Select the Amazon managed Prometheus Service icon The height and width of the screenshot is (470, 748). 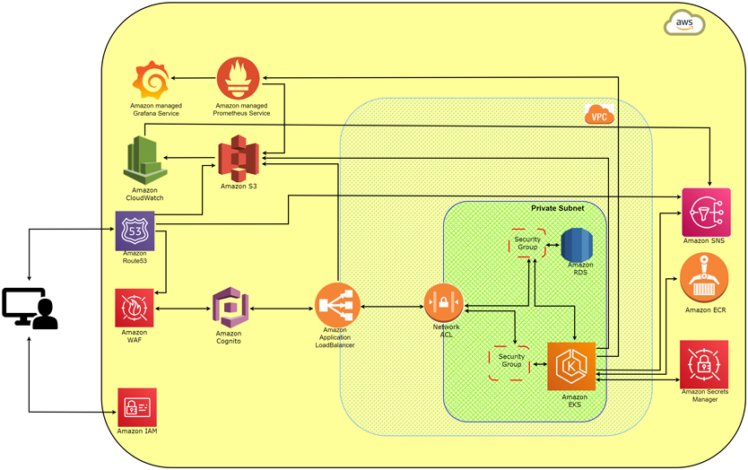click(236, 78)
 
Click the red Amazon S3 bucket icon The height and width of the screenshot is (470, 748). click(238, 157)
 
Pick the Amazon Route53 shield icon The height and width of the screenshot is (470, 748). click(135, 231)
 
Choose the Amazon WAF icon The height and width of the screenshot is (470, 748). click(135, 308)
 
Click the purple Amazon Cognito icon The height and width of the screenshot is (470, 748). click(230, 308)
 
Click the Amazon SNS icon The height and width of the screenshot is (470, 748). click(705, 212)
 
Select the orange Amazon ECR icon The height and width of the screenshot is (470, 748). click(705, 277)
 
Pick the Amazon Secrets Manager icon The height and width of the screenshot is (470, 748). click(704, 363)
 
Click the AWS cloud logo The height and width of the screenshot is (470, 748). click(684, 23)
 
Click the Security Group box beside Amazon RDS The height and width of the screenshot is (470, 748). click(527, 243)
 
